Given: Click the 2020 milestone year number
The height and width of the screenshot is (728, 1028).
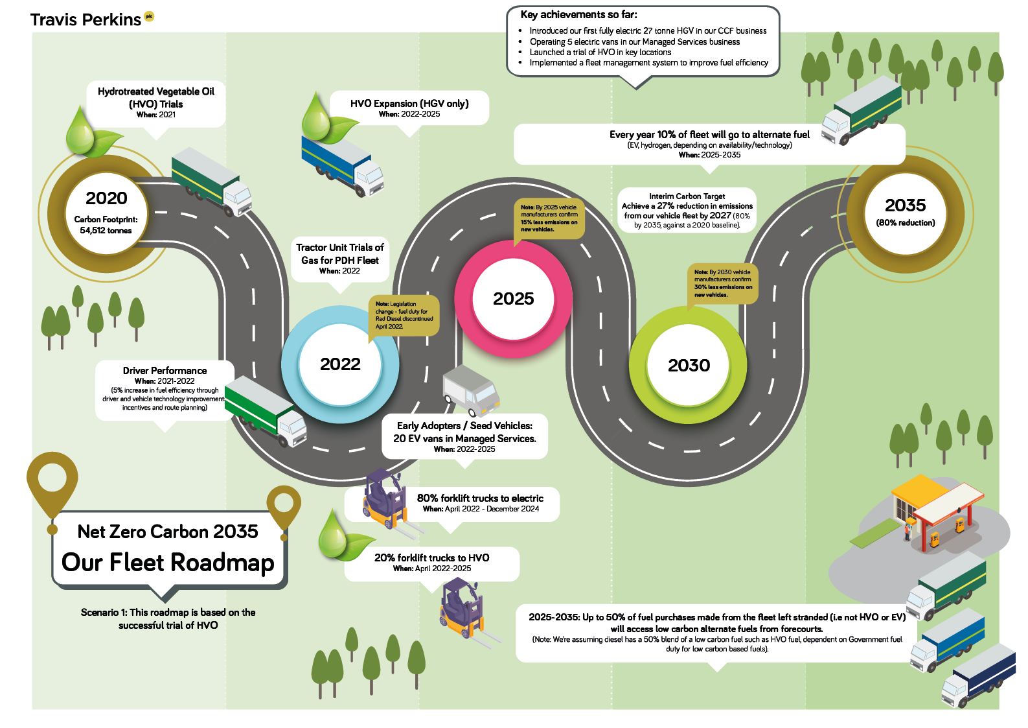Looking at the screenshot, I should [x=106, y=198].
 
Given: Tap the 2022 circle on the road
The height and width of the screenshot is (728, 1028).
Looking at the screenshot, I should [x=340, y=364].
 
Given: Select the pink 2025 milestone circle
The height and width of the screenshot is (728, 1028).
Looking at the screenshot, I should [x=513, y=299].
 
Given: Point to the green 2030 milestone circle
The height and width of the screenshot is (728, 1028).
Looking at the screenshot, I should [x=689, y=365].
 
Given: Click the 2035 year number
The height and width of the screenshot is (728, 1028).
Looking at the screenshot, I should [x=905, y=205].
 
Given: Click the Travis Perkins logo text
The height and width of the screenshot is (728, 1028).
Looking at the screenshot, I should [x=86, y=20].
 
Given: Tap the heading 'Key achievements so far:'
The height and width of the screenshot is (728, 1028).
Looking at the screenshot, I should [x=578, y=14].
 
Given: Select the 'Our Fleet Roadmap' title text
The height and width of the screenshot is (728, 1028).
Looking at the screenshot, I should [x=168, y=563].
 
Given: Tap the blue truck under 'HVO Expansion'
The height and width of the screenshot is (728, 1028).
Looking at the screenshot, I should [x=342, y=162].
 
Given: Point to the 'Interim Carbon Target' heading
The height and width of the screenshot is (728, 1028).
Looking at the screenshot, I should [x=687, y=196].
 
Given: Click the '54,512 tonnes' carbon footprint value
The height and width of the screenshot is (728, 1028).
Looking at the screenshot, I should [x=106, y=231].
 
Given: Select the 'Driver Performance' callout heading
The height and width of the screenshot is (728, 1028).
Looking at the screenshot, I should [x=165, y=371].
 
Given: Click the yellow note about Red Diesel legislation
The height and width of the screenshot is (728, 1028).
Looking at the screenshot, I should [x=404, y=315].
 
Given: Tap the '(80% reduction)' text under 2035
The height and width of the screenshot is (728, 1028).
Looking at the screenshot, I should [x=905, y=223].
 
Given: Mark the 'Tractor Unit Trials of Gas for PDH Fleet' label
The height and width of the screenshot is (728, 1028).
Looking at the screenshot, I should [x=339, y=254].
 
